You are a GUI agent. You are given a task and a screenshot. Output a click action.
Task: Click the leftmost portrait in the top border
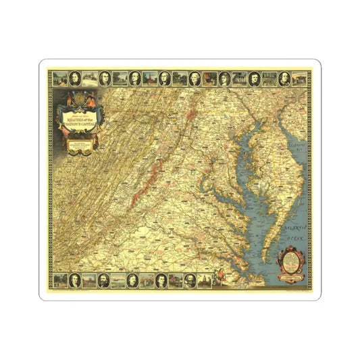pos(105,78)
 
